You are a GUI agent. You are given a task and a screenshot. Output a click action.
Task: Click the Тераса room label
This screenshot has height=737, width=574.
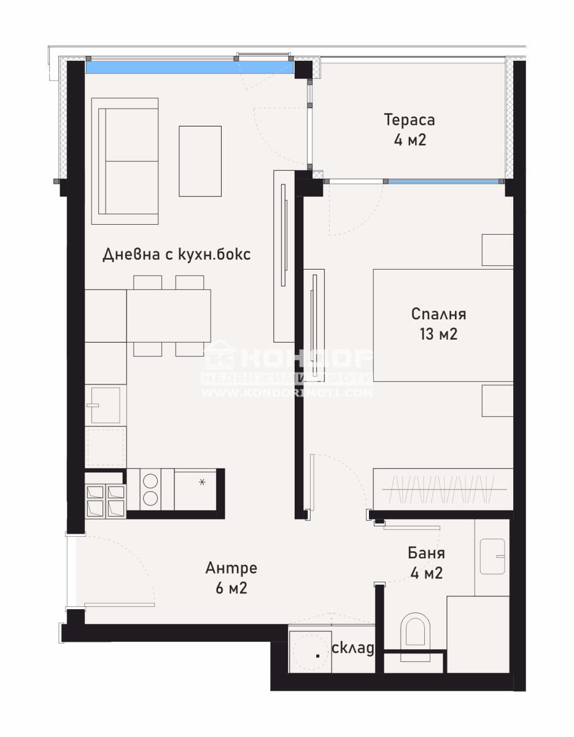tap(409, 119)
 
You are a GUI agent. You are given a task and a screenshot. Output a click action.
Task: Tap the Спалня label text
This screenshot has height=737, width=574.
tap(438, 314)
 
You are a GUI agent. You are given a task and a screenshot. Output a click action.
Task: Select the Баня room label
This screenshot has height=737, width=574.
tap(426, 553)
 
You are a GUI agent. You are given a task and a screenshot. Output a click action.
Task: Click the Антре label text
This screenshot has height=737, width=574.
tap(231, 568)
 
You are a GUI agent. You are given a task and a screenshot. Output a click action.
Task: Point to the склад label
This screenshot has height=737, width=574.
tap(352, 648)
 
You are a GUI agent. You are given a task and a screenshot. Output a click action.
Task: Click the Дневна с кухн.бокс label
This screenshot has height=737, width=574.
tap(176, 254)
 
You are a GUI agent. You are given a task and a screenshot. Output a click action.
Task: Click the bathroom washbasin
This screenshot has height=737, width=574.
tap(492, 556)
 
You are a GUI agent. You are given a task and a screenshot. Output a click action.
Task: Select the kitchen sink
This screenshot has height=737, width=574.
tap(105, 405)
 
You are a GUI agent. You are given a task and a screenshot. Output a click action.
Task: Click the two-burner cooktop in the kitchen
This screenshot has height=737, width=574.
tap(150, 489)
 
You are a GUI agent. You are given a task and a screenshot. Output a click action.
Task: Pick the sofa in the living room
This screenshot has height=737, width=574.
tap(125, 161)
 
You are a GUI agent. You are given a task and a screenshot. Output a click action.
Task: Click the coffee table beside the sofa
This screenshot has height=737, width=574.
tap(200, 161)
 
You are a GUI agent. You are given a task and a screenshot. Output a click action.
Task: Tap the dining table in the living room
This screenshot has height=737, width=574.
tap(168, 316)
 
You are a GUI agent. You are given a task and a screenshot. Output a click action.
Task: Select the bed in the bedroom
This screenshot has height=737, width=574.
tap(442, 325)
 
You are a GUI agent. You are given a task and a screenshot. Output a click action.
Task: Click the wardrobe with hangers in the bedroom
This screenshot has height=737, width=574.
tap(443, 489)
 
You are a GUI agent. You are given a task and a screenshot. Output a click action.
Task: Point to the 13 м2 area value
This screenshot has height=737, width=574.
tap(438, 335)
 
